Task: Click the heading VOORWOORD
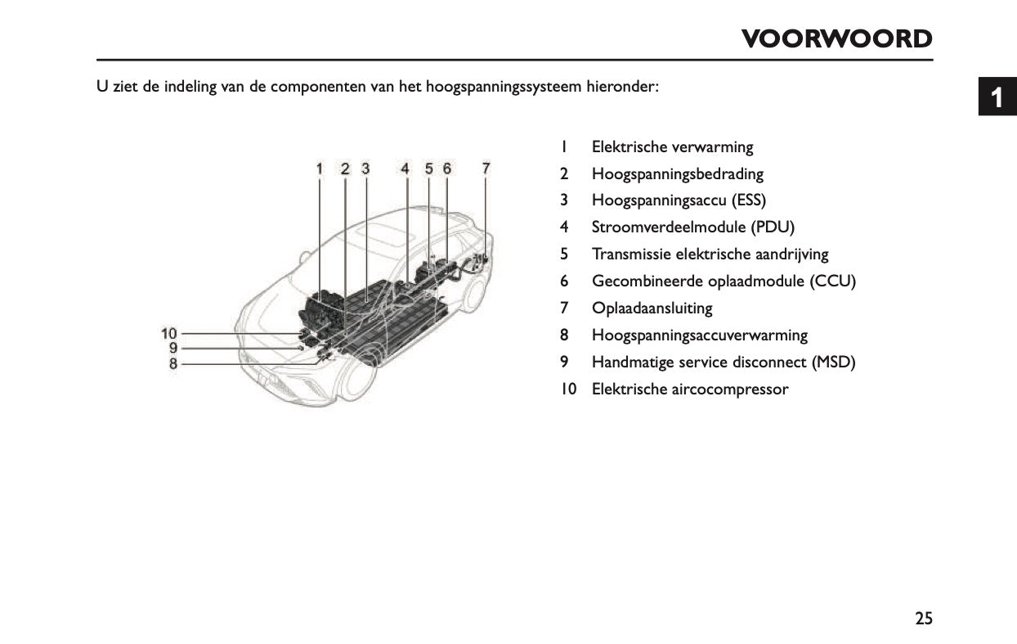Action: pos(836,38)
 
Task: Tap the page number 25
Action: pos(923,619)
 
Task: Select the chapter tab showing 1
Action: pos(997,98)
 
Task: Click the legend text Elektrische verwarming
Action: pos(672,147)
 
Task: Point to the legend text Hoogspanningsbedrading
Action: pos(677,174)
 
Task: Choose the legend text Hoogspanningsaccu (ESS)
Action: pos(679,200)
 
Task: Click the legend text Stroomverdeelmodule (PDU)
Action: pos(692,227)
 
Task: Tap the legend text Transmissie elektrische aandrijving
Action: pos(710,254)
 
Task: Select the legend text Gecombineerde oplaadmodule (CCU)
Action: pos(723,281)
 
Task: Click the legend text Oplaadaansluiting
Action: pos(652,308)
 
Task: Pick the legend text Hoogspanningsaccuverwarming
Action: pos(699,336)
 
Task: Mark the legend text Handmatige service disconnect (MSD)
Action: pos(723,363)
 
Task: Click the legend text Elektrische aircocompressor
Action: pos(689,390)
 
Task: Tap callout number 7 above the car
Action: pos(486,169)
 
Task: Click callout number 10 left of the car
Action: pos(169,333)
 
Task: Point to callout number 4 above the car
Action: pos(405,169)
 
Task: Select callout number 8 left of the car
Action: pos(173,363)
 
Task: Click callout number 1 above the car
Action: pos(320,169)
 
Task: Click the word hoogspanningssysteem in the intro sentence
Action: pos(504,87)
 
